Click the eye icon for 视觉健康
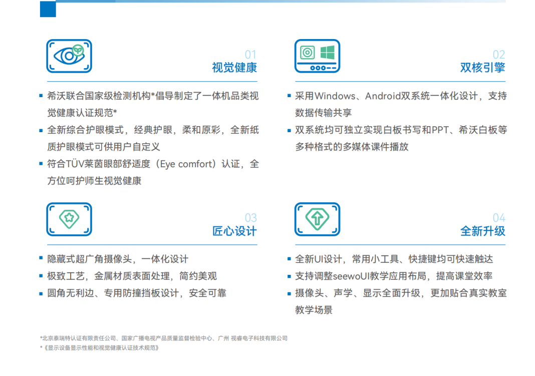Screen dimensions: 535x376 tap(69, 56)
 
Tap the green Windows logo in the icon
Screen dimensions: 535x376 tap(328, 53)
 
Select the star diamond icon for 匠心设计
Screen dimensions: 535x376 tap(69, 219)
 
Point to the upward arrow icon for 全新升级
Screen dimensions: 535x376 tap(317, 219)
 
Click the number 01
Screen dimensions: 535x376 tap(250, 55)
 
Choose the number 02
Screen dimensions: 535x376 tap(499, 55)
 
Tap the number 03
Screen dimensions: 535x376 tap(251, 218)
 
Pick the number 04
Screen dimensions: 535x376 tap(499, 218)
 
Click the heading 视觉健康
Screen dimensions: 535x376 tap(234, 68)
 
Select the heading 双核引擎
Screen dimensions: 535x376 tap(482, 68)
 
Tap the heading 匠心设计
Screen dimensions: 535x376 tap(234, 231)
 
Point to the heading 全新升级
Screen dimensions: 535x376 tap(482, 231)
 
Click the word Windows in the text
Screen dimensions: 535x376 tap(335, 96)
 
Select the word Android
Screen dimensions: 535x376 tap(383, 96)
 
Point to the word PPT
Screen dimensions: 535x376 tap(440, 130)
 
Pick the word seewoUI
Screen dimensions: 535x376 tap(351, 276)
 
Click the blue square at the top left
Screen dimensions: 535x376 tap(48, 9)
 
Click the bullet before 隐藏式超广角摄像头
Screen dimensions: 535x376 tap(41, 258)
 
